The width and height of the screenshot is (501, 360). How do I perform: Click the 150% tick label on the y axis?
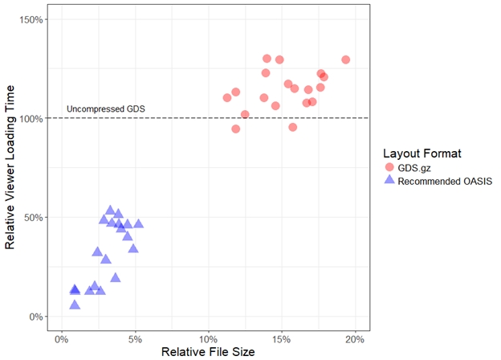coord(30,19)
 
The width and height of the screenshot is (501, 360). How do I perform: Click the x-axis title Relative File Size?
coord(209,352)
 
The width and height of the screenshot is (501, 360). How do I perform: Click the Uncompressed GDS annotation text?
coord(100,109)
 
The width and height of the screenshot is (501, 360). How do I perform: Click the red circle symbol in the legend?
coord(390,167)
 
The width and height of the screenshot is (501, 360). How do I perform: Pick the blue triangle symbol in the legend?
coord(390,181)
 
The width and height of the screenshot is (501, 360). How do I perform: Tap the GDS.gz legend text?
coord(418,167)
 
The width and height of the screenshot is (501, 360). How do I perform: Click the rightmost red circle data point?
coord(346,59)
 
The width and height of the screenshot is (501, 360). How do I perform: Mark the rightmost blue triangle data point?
coord(138,224)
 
